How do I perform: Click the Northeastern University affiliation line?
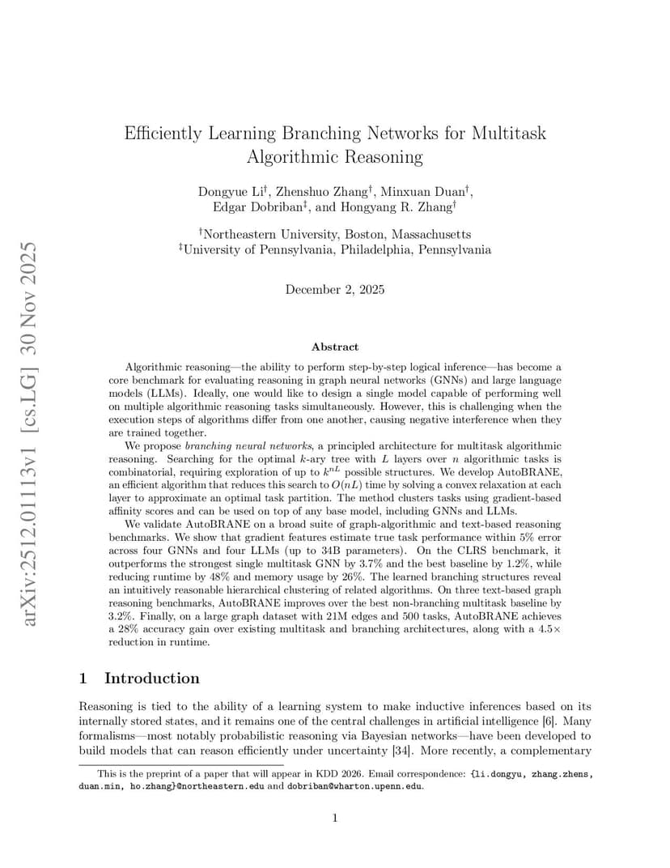(334, 234)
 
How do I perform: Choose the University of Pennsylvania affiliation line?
(334, 249)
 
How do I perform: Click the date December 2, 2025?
(335, 289)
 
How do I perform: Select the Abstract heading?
(335, 347)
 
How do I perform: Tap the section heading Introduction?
(151, 678)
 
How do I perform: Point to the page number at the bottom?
(335, 819)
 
